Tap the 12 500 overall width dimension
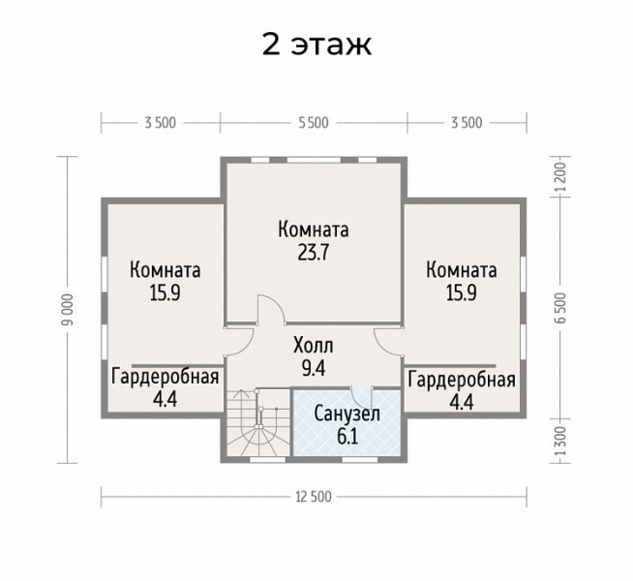click(314, 496)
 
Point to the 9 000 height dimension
click(69, 309)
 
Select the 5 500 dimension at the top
click(314, 123)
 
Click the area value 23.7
click(314, 253)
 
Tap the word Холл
click(314, 346)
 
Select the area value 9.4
click(314, 367)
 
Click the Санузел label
click(347, 413)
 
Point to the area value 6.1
click(347, 436)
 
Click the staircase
click(258, 423)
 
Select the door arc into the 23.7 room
click(271, 309)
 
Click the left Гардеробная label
click(166, 377)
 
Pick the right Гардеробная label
click(462, 380)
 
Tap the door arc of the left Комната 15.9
click(240, 341)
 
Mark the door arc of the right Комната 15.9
click(388, 341)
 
